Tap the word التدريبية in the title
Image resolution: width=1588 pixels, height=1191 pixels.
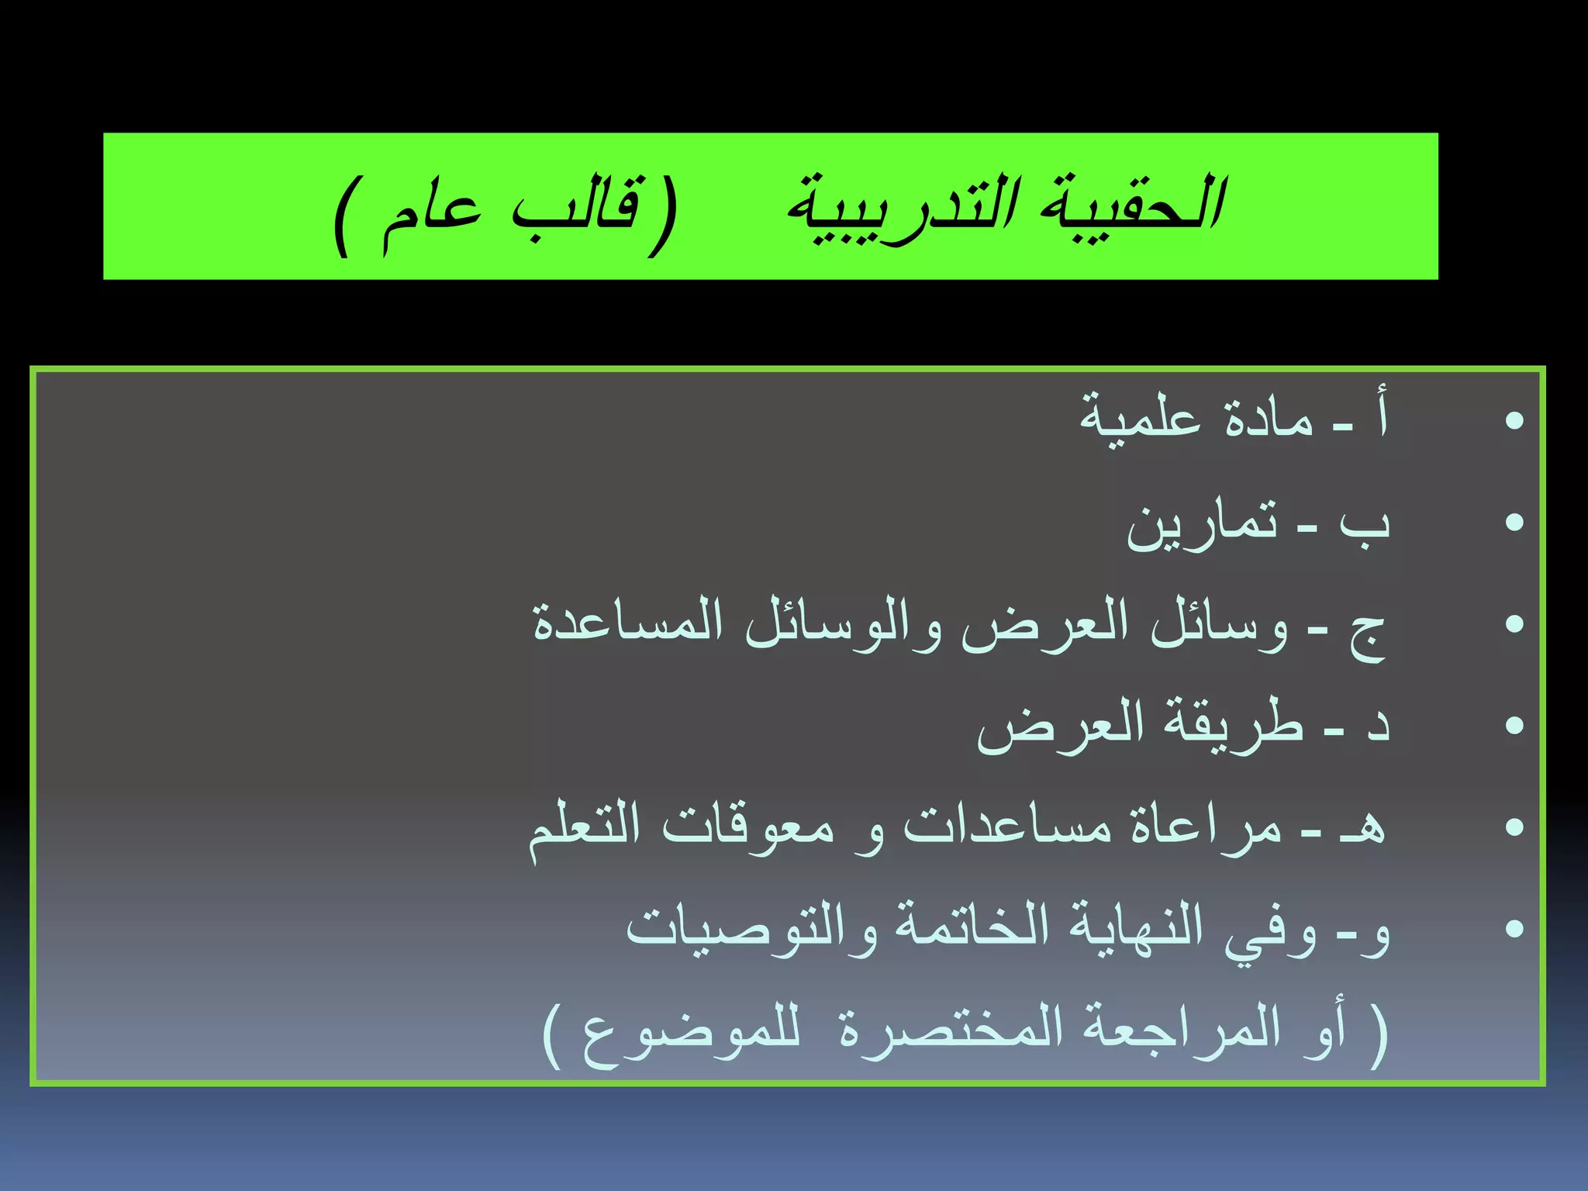899,208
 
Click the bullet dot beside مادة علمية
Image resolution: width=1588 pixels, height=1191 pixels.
1514,422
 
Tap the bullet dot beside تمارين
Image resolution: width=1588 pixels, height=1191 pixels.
1514,523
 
